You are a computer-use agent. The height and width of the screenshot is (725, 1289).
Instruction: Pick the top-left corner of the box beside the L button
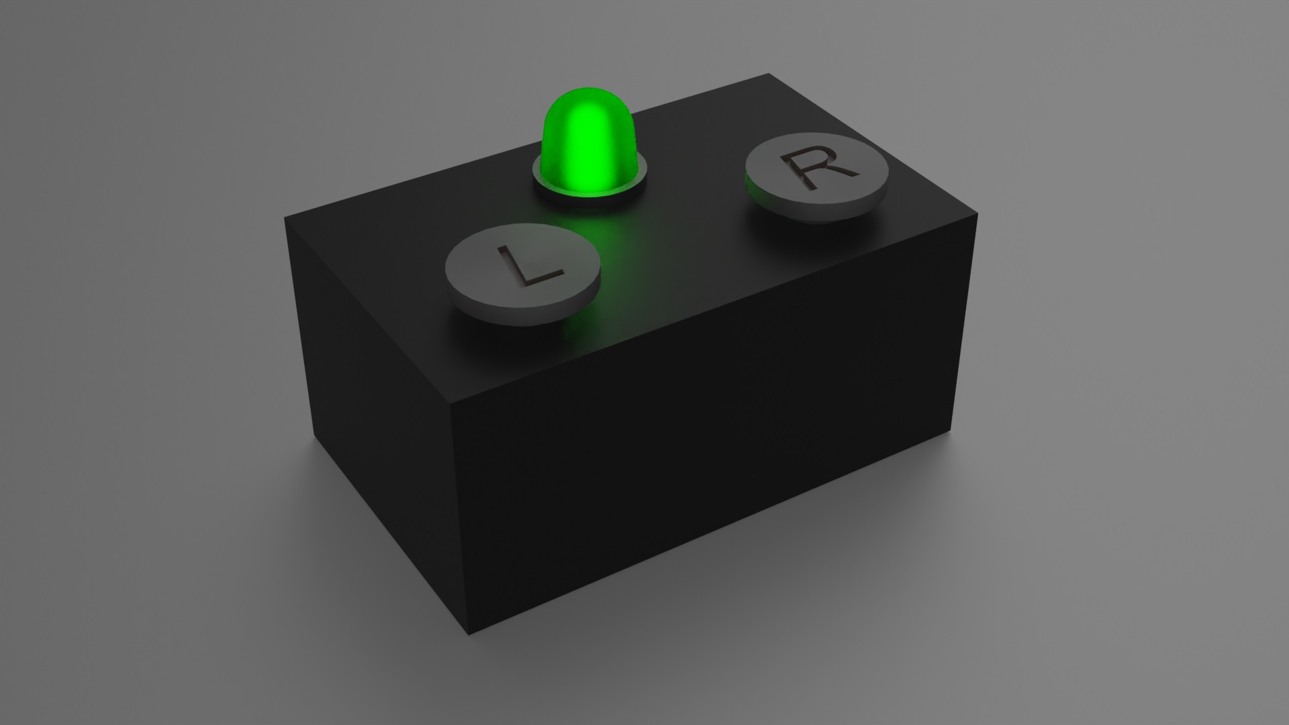285,217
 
